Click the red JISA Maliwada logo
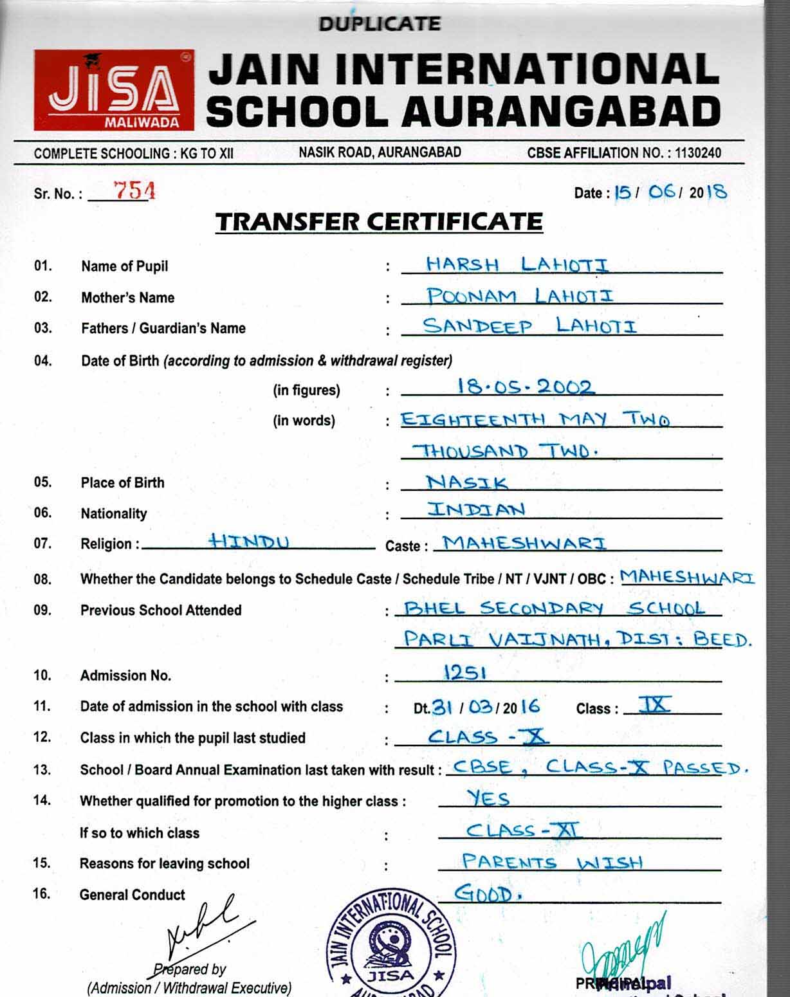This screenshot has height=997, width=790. pos(114,89)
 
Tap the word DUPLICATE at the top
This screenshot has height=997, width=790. pos(380,24)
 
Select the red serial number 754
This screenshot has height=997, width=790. pos(134,190)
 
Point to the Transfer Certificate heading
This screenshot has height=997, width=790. pos(379,222)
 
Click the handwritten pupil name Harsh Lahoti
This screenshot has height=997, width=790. pos(517,264)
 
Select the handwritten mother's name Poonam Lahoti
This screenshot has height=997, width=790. pos(520,296)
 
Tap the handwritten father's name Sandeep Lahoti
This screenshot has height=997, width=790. pos(529,326)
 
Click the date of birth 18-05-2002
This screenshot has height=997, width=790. pos(525,387)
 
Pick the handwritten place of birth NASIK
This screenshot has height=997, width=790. pos(467,482)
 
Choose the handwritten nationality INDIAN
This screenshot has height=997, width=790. pos(477,509)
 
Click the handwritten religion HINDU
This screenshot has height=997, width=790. pos(250,541)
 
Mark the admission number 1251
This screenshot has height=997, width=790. pos(464,673)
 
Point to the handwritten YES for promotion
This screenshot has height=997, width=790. pos(488,799)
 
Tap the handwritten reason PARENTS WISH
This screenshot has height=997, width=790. pos(552,862)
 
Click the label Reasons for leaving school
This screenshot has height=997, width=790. pos(165,864)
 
